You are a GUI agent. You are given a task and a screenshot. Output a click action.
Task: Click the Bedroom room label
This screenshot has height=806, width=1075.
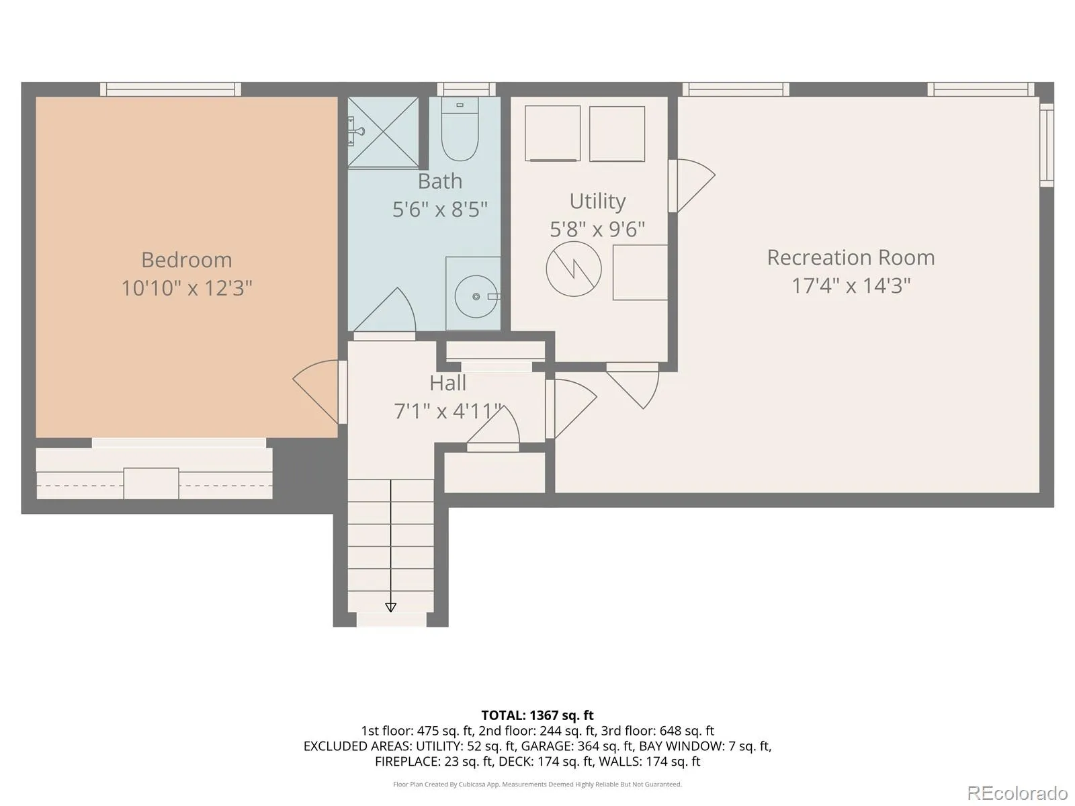(x=187, y=260)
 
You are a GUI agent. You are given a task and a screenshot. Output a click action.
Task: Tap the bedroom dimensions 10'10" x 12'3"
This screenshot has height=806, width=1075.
(x=187, y=288)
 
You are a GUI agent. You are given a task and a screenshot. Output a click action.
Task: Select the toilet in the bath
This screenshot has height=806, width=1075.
(x=460, y=129)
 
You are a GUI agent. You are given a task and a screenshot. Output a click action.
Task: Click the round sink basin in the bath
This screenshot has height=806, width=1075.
(x=476, y=297)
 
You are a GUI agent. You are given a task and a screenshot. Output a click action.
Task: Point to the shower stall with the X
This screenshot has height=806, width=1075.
(x=383, y=132)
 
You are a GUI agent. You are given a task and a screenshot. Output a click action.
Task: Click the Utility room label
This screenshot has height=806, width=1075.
(x=597, y=201)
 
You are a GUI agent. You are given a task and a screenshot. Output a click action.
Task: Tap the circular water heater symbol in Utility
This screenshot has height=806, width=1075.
(x=574, y=269)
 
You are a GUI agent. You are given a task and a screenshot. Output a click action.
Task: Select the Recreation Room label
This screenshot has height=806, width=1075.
(x=851, y=258)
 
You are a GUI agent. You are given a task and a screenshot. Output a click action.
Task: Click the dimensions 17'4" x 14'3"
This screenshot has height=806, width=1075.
(x=851, y=286)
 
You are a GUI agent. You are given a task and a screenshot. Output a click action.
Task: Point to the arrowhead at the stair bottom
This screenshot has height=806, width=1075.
(x=390, y=607)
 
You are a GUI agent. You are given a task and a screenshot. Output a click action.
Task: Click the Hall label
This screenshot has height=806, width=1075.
(x=447, y=383)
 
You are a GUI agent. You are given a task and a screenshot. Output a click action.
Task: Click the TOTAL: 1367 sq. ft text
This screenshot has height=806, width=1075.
(x=537, y=715)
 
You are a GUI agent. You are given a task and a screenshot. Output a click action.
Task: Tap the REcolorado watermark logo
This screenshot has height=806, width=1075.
(x=1018, y=793)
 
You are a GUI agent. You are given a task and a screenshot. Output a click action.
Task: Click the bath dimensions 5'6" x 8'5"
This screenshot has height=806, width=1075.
(x=440, y=210)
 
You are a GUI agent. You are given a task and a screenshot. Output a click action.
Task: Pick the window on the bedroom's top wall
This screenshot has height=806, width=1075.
(x=171, y=89)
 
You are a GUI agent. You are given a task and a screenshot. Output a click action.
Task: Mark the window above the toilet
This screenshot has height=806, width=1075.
(x=466, y=89)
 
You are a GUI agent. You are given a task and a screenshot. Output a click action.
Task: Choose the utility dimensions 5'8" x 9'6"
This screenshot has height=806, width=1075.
(x=597, y=230)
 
